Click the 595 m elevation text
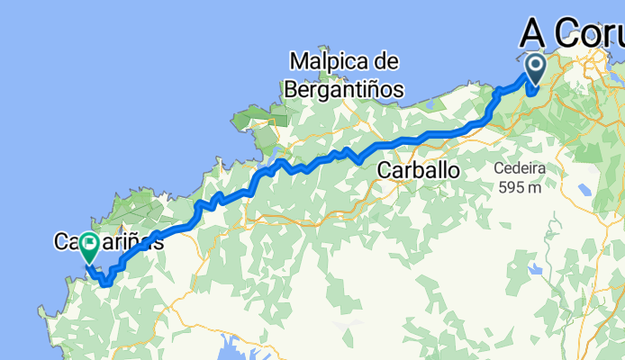[x=519, y=187]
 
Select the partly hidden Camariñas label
[x=110, y=241]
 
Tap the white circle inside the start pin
[x=536, y=64]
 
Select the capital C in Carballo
[x=386, y=170]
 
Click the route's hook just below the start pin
[x=533, y=90]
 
